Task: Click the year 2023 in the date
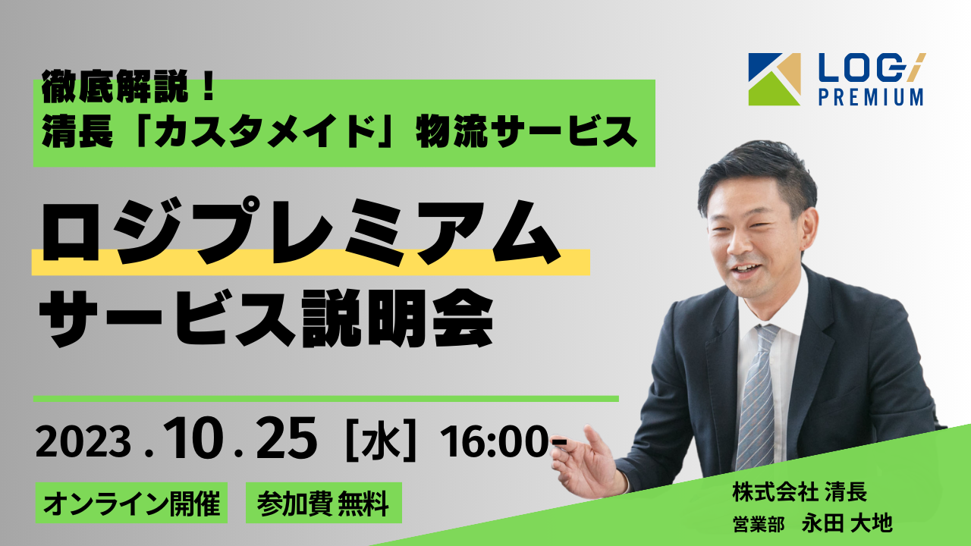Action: (x=83, y=442)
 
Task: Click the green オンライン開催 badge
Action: (x=131, y=503)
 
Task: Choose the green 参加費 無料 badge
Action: (x=324, y=503)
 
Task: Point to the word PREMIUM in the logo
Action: (x=870, y=96)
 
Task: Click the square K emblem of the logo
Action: (x=775, y=80)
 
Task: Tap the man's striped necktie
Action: (x=756, y=397)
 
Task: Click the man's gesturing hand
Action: (x=587, y=463)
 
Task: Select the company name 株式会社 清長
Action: (x=800, y=492)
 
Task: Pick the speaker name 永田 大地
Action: (x=847, y=523)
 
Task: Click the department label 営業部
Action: (x=758, y=523)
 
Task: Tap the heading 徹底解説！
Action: (x=128, y=86)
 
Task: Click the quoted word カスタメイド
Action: (x=265, y=132)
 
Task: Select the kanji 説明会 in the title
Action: (x=398, y=318)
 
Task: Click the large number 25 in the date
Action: (x=286, y=438)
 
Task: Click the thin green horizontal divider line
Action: (x=326, y=399)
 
